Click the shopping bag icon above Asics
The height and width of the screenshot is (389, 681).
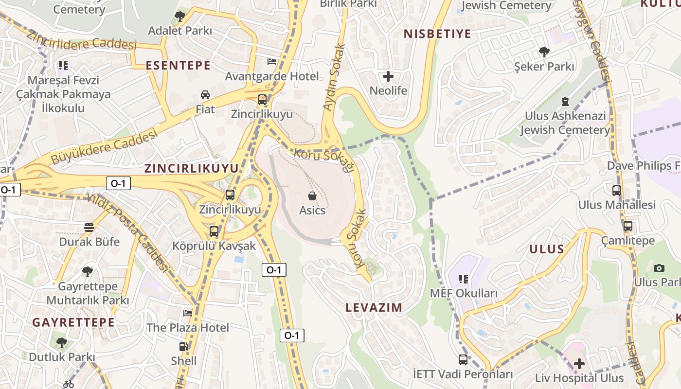(312, 196)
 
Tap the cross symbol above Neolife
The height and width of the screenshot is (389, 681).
(388, 76)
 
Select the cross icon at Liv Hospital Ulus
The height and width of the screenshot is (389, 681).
(579, 363)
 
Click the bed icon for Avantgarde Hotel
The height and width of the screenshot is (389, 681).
(272, 62)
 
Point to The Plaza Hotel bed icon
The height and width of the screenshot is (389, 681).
(188, 313)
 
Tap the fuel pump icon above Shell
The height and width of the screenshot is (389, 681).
(184, 347)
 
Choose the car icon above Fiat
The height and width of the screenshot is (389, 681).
(205, 95)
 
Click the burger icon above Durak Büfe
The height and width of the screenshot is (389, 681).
(89, 227)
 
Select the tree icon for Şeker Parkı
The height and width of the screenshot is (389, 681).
(544, 52)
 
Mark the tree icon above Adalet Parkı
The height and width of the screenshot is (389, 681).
(180, 16)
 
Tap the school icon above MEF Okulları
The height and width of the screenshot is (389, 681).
(463, 279)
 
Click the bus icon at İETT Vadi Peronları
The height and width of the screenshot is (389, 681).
(463, 360)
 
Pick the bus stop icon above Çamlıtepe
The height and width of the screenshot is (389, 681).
(627, 226)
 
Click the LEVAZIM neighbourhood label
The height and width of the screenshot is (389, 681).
(374, 307)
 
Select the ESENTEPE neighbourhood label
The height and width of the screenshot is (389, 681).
(178, 65)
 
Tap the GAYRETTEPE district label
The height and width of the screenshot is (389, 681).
(73, 322)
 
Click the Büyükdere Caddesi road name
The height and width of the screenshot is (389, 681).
(105, 145)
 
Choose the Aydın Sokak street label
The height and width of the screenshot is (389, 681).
(334, 77)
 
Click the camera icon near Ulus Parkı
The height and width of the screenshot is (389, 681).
(659, 268)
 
